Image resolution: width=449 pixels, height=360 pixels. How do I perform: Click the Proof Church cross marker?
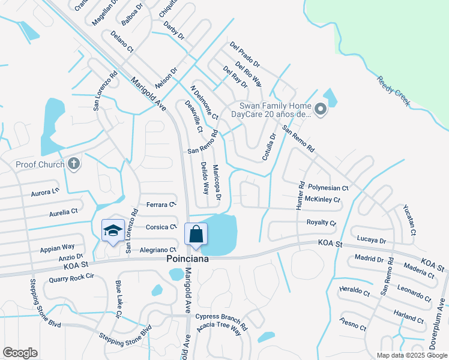(x=74, y=164)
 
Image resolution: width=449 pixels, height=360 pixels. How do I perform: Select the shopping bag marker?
(x=196, y=235)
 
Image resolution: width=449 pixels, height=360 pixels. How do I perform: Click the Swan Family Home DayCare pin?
(x=320, y=109)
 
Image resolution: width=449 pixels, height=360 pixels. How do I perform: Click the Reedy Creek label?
(x=393, y=92)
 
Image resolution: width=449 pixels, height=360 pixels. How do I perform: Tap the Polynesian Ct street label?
(x=328, y=188)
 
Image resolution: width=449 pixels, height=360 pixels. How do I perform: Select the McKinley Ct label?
(x=322, y=199)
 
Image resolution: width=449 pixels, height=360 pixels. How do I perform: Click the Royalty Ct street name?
(x=321, y=223)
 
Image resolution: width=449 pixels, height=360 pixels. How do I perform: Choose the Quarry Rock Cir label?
(x=72, y=277)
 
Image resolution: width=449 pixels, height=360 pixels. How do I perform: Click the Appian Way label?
(x=57, y=247)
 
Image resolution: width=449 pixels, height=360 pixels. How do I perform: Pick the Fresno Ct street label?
(x=352, y=325)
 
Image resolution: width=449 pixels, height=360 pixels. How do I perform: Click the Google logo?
(x=20, y=353)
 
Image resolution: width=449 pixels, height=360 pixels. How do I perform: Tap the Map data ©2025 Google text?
(x=411, y=355)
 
